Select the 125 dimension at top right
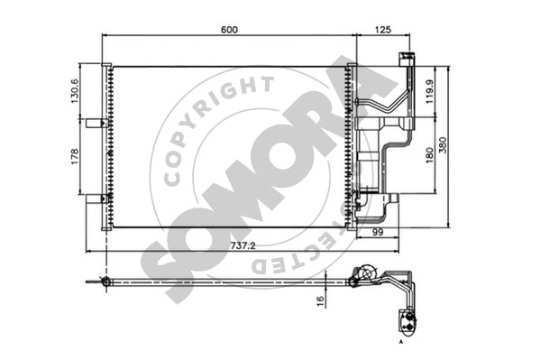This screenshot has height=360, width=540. (382, 29)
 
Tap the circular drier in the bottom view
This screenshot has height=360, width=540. (365, 273)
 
